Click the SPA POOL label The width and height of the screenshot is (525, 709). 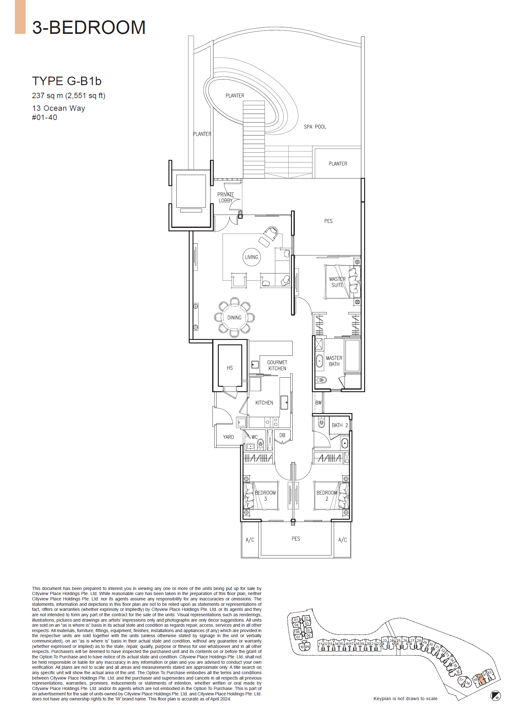pyautogui.click(x=315, y=127)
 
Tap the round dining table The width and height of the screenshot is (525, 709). pyautogui.click(x=234, y=317)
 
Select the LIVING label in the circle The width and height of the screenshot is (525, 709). pyautogui.click(x=251, y=257)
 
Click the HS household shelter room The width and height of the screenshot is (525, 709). pyautogui.click(x=230, y=367)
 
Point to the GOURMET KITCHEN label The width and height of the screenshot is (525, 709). pyautogui.click(x=277, y=365)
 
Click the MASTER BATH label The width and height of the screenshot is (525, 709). pyautogui.click(x=334, y=361)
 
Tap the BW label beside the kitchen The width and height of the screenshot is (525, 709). pyautogui.click(x=318, y=403)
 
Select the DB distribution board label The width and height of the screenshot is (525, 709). pyautogui.click(x=282, y=435)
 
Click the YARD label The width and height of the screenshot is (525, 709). pyautogui.click(x=228, y=437)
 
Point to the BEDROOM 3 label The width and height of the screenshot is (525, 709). pyautogui.click(x=265, y=496)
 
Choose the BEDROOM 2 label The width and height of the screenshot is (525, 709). pyautogui.click(x=327, y=496)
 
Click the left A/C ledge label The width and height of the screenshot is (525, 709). pyautogui.click(x=250, y=540)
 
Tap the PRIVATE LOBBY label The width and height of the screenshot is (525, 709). pyautogui.click(x=225, y=197)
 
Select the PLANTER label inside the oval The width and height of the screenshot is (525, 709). pyautogui.click(x=235, y=96)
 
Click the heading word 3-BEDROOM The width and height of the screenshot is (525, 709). pyautogui.click(x=89, y=27)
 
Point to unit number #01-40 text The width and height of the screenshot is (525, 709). pyautogui.click(x=45, y=117)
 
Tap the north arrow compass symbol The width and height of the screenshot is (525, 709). pyautogui.click(x=496, y=696)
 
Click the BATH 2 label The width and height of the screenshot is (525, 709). pyautogui.click(x=339, y=425)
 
